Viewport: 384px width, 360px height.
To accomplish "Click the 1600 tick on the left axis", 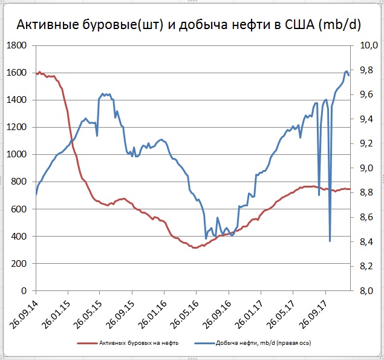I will (x=16, y=73).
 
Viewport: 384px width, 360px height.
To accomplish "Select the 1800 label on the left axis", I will (x=16, y=45).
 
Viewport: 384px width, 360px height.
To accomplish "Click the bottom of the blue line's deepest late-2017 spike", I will (x=330, y=241).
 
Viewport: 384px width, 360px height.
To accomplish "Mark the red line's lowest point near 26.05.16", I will (x=194, y=247).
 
